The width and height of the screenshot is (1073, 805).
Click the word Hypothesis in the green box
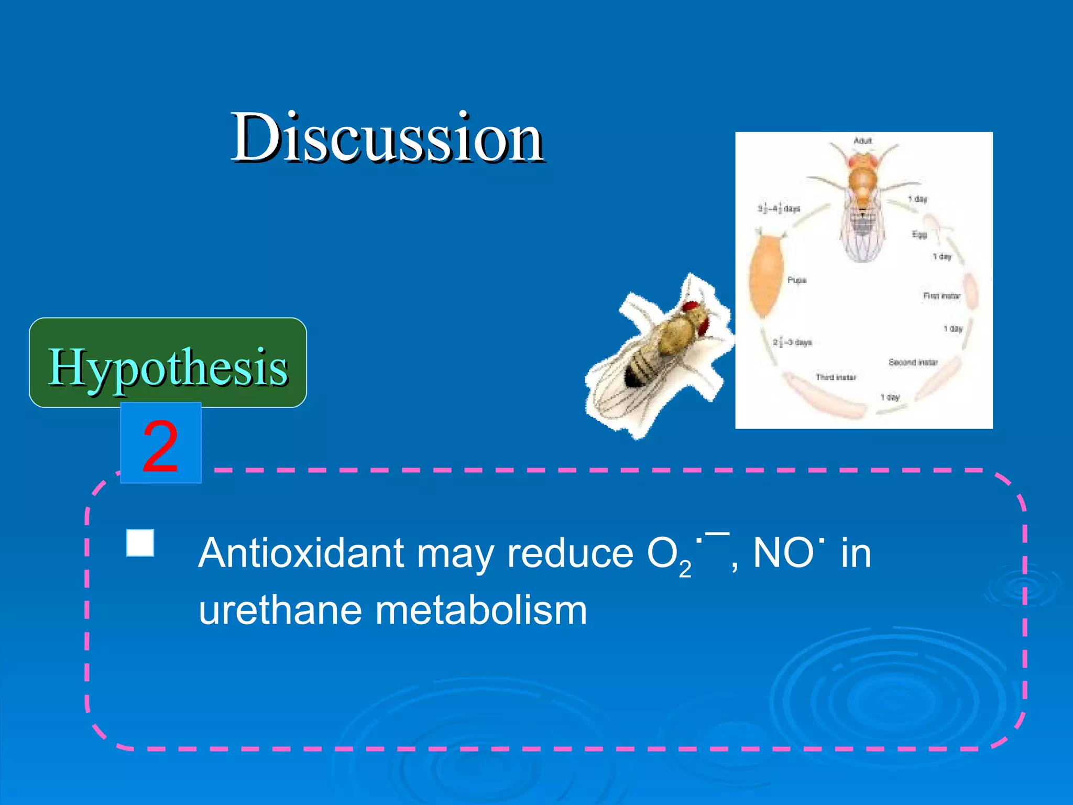[x=168, y=366]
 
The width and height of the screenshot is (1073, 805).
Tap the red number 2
[x=160, y=445]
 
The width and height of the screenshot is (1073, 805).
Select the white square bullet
[x=140, y=542]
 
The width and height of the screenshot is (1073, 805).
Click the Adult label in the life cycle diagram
[x=862, y=140]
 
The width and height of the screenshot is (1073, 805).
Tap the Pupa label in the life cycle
[x=796, y=280]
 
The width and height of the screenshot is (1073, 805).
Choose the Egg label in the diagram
[x=919, y=234]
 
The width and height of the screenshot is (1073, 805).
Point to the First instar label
[x=941, y=296]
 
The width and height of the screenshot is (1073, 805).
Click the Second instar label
[x=913, y=362]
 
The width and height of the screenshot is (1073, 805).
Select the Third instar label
[x=836, y=377]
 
